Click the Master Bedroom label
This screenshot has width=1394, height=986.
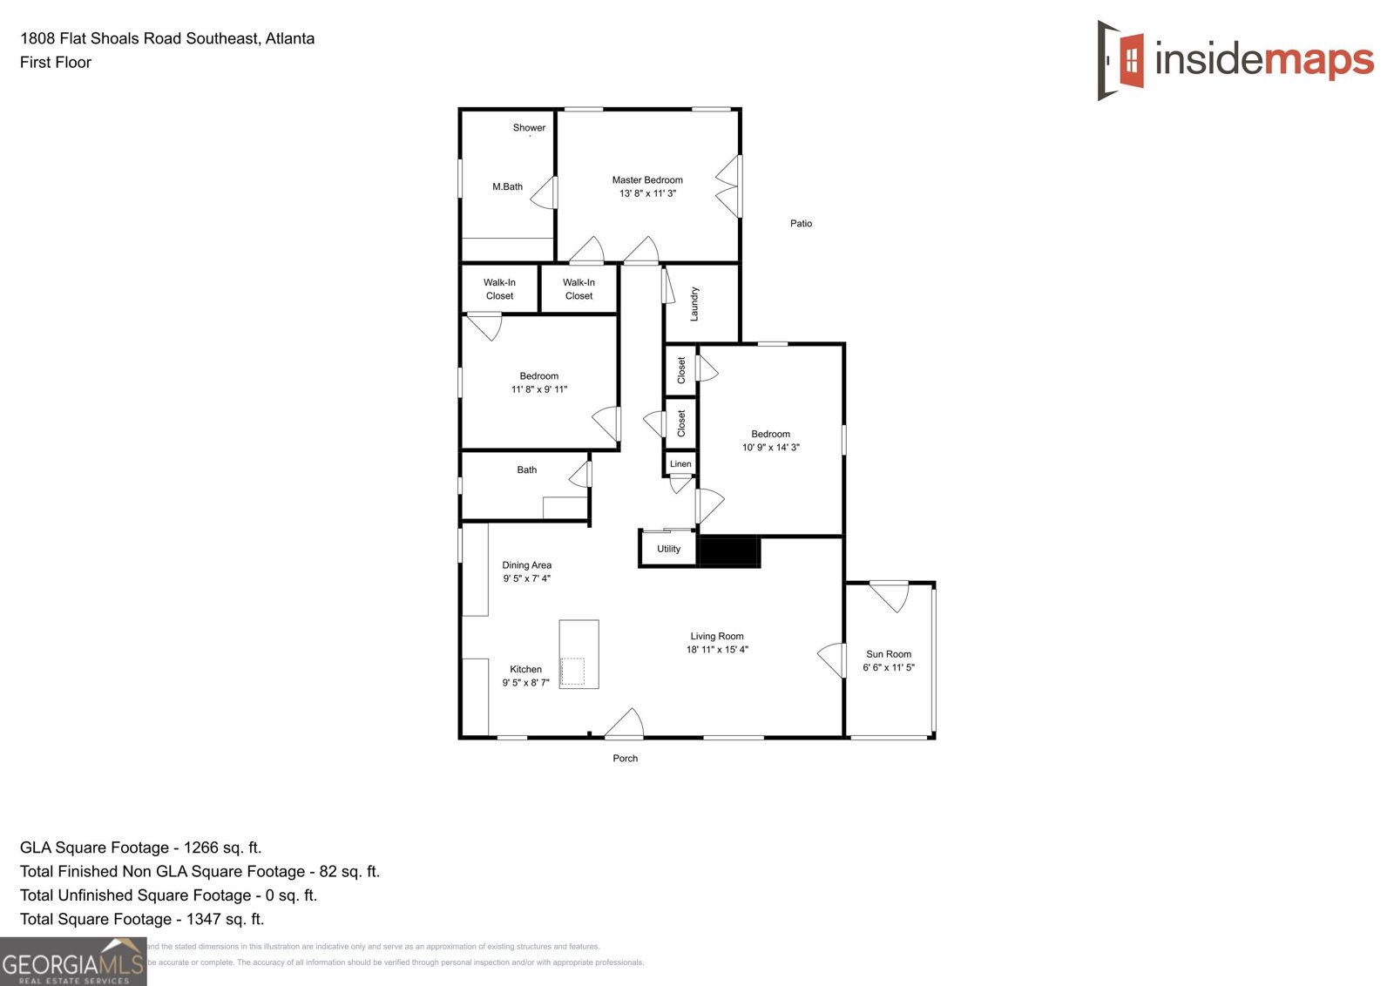coord(647,180)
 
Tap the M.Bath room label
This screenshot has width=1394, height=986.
coord(507,186)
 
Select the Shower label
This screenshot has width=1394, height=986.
coord(529,128)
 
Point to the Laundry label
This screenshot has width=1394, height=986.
coord(694,304)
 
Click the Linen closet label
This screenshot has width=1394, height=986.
coord(680,464)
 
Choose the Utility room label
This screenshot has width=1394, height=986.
coord(668,549)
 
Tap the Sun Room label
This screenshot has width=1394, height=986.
coord(889,654)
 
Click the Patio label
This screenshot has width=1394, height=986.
coord(801,224)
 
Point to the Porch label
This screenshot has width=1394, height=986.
coord(625,759)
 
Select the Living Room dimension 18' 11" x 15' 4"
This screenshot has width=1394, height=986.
coord(717,650)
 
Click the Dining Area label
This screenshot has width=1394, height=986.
coord(526,565)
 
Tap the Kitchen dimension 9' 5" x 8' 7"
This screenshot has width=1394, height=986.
coord(525,683)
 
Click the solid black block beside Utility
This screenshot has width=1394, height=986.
coord(729,552)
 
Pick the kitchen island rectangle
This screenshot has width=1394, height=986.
coord(579,653)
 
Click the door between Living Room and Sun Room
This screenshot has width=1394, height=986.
coord(833,659)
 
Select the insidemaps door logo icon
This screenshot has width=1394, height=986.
coord(1120,60)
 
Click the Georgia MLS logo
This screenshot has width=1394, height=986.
coord(73,962)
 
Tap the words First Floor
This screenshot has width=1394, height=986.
coord(56,63)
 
